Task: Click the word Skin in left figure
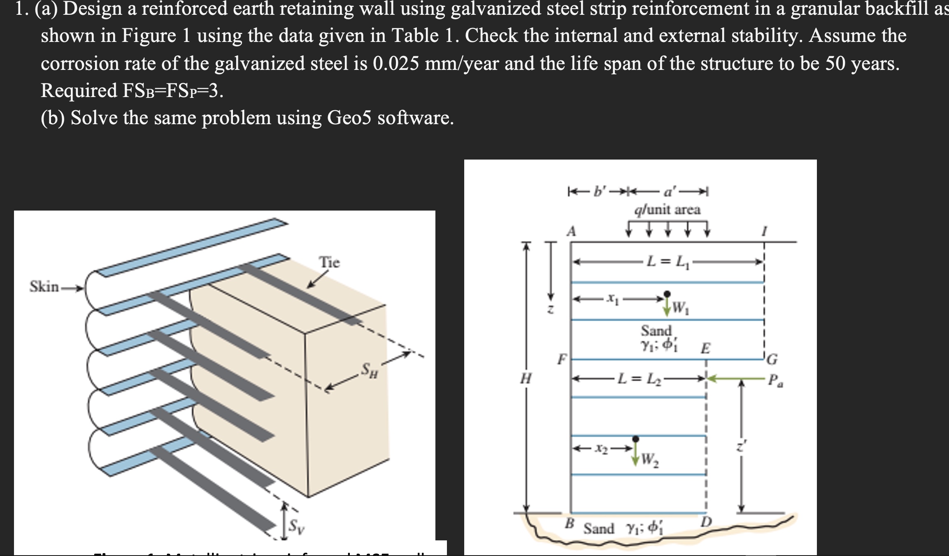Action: point(44,286)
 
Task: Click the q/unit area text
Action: point(667,210)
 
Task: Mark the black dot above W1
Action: point(667,294)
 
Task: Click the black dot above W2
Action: point(636,438)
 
